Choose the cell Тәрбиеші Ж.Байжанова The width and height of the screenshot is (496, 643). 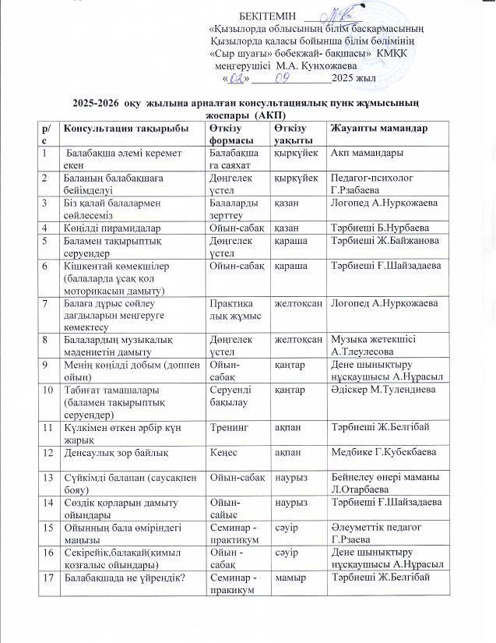coord(385,240)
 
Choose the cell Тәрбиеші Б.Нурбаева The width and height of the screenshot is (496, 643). coord(382,228)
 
